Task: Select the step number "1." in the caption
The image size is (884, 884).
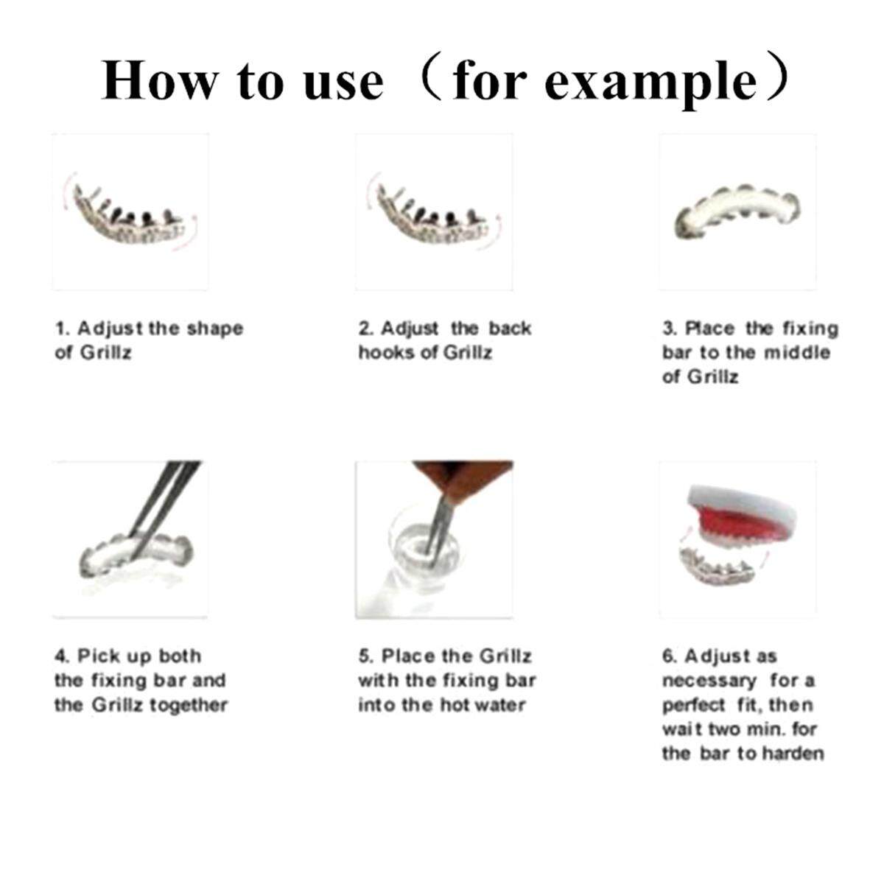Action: coord(63,329)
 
